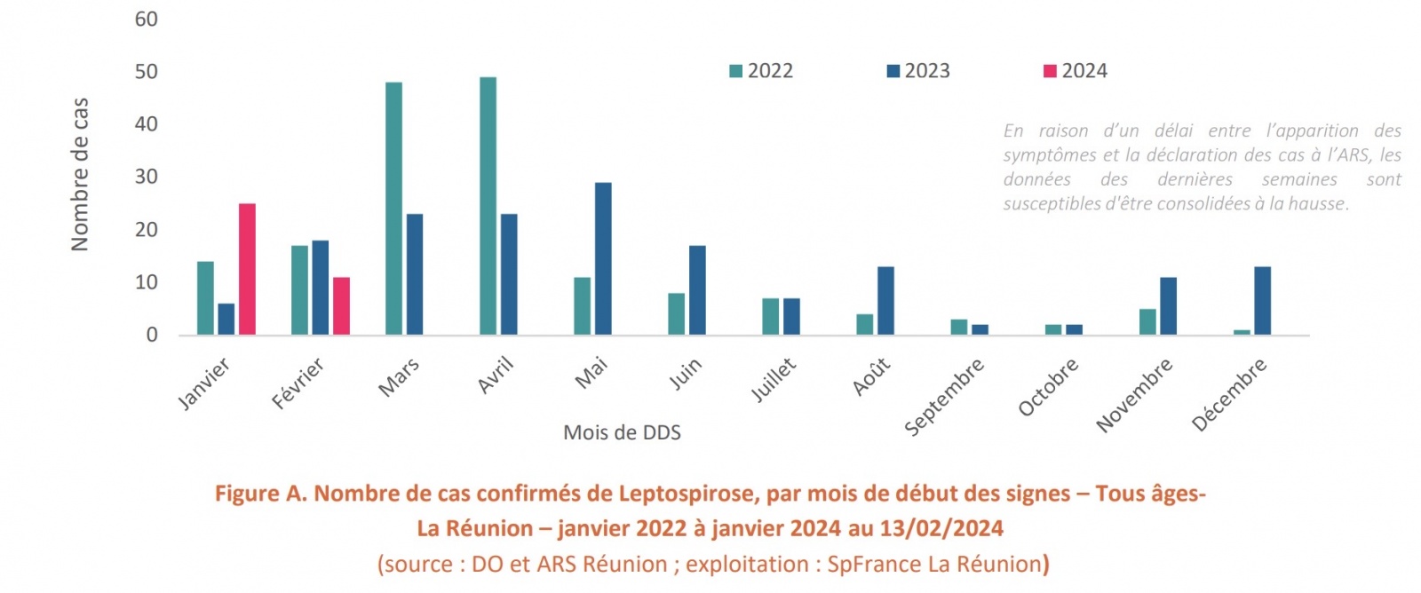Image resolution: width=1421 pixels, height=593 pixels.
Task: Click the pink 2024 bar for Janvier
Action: pos(247,269)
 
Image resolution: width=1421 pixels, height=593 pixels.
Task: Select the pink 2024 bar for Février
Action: pos(341,306)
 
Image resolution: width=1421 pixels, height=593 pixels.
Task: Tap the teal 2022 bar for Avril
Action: pos(488,206)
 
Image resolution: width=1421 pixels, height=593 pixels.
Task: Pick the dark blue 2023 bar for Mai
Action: pos(603,258)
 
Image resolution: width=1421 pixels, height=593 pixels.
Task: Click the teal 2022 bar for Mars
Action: pos(393,209)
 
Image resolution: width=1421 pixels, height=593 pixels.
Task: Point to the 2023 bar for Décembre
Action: pos(1262,301)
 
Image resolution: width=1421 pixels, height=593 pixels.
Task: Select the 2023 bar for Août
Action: pos(885,301)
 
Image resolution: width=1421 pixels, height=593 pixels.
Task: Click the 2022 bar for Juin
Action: pos(676,313)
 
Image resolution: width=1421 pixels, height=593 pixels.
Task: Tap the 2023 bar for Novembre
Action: pos(1168,306)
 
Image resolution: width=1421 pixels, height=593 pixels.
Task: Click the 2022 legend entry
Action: pos(761,71)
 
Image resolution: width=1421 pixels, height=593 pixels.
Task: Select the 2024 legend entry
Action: pos(1076,71)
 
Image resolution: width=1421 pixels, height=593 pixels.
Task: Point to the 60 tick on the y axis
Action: pos(147,20)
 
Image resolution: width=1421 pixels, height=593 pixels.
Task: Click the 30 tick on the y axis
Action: pos(147,177)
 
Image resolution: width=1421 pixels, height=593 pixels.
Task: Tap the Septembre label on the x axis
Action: pos(944,397)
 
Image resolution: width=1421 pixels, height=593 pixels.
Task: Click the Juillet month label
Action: pos(774,380)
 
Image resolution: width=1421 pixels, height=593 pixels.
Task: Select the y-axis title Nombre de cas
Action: pos(80,175)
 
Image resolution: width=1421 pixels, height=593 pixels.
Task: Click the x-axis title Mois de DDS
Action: pos(622,433)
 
